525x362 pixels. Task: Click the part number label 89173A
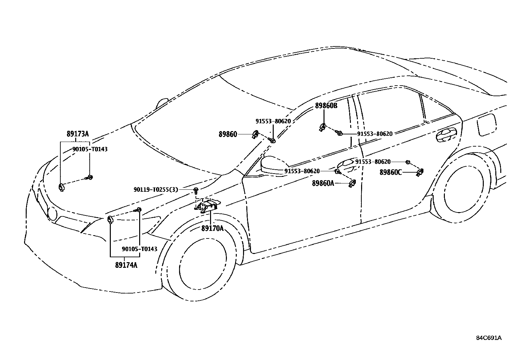(x=77, y=134)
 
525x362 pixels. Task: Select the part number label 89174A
(x=126, y=265)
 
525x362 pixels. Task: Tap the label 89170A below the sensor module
(x=212, y=228)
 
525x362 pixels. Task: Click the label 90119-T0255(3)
(x=156, y=189)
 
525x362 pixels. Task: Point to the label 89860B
(x=326, y=106)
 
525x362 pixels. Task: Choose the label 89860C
(x=390, y=172)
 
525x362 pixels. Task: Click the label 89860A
(x=323, y=183)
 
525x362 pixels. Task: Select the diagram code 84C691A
(x=488, y=338)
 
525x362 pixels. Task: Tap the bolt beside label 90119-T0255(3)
(x=196, y=190)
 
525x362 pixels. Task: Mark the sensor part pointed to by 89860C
(x=420, y=172)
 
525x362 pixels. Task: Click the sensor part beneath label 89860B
(x=323, y=126)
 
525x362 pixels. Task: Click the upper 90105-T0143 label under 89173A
(x=90, y=149)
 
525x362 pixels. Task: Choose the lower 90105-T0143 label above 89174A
(x=139, y=249)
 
